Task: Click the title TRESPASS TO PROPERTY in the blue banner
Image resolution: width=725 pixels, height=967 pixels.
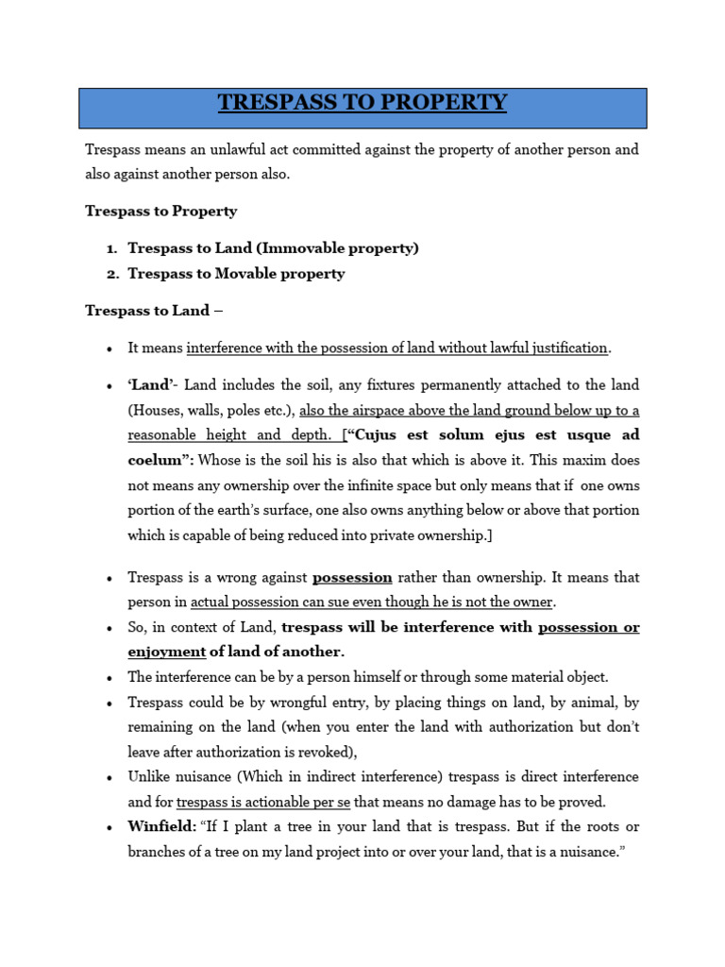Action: click(362, 102)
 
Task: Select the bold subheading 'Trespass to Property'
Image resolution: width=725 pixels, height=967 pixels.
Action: click(160, 211)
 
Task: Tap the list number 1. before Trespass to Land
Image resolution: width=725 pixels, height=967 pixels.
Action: click(110, 248)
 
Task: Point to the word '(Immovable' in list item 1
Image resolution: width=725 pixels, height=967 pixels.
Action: click(295, 248)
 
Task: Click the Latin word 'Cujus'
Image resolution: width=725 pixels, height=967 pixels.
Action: click(385, 435)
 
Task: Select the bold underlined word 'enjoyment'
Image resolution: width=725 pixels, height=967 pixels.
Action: click(166, 652)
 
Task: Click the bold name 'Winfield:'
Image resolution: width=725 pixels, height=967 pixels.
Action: click(161, 827)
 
